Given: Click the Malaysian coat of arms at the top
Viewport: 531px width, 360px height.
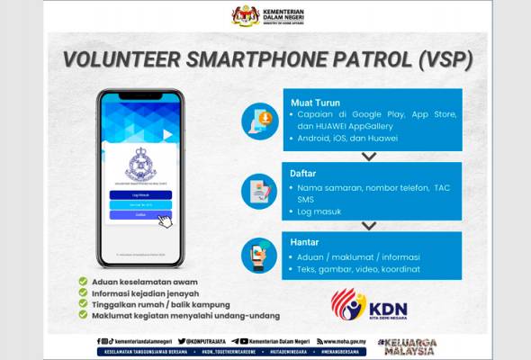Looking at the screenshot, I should pos(245,15).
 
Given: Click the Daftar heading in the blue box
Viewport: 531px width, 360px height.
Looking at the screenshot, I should pos(304,171).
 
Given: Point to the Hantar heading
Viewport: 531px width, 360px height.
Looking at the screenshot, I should pos(305,242).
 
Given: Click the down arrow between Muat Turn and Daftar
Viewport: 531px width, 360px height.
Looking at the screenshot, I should pos(369,156).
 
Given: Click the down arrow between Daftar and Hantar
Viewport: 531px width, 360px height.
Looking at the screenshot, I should pos(369,225).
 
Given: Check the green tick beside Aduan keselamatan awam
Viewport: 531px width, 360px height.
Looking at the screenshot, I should pos(83,280).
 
